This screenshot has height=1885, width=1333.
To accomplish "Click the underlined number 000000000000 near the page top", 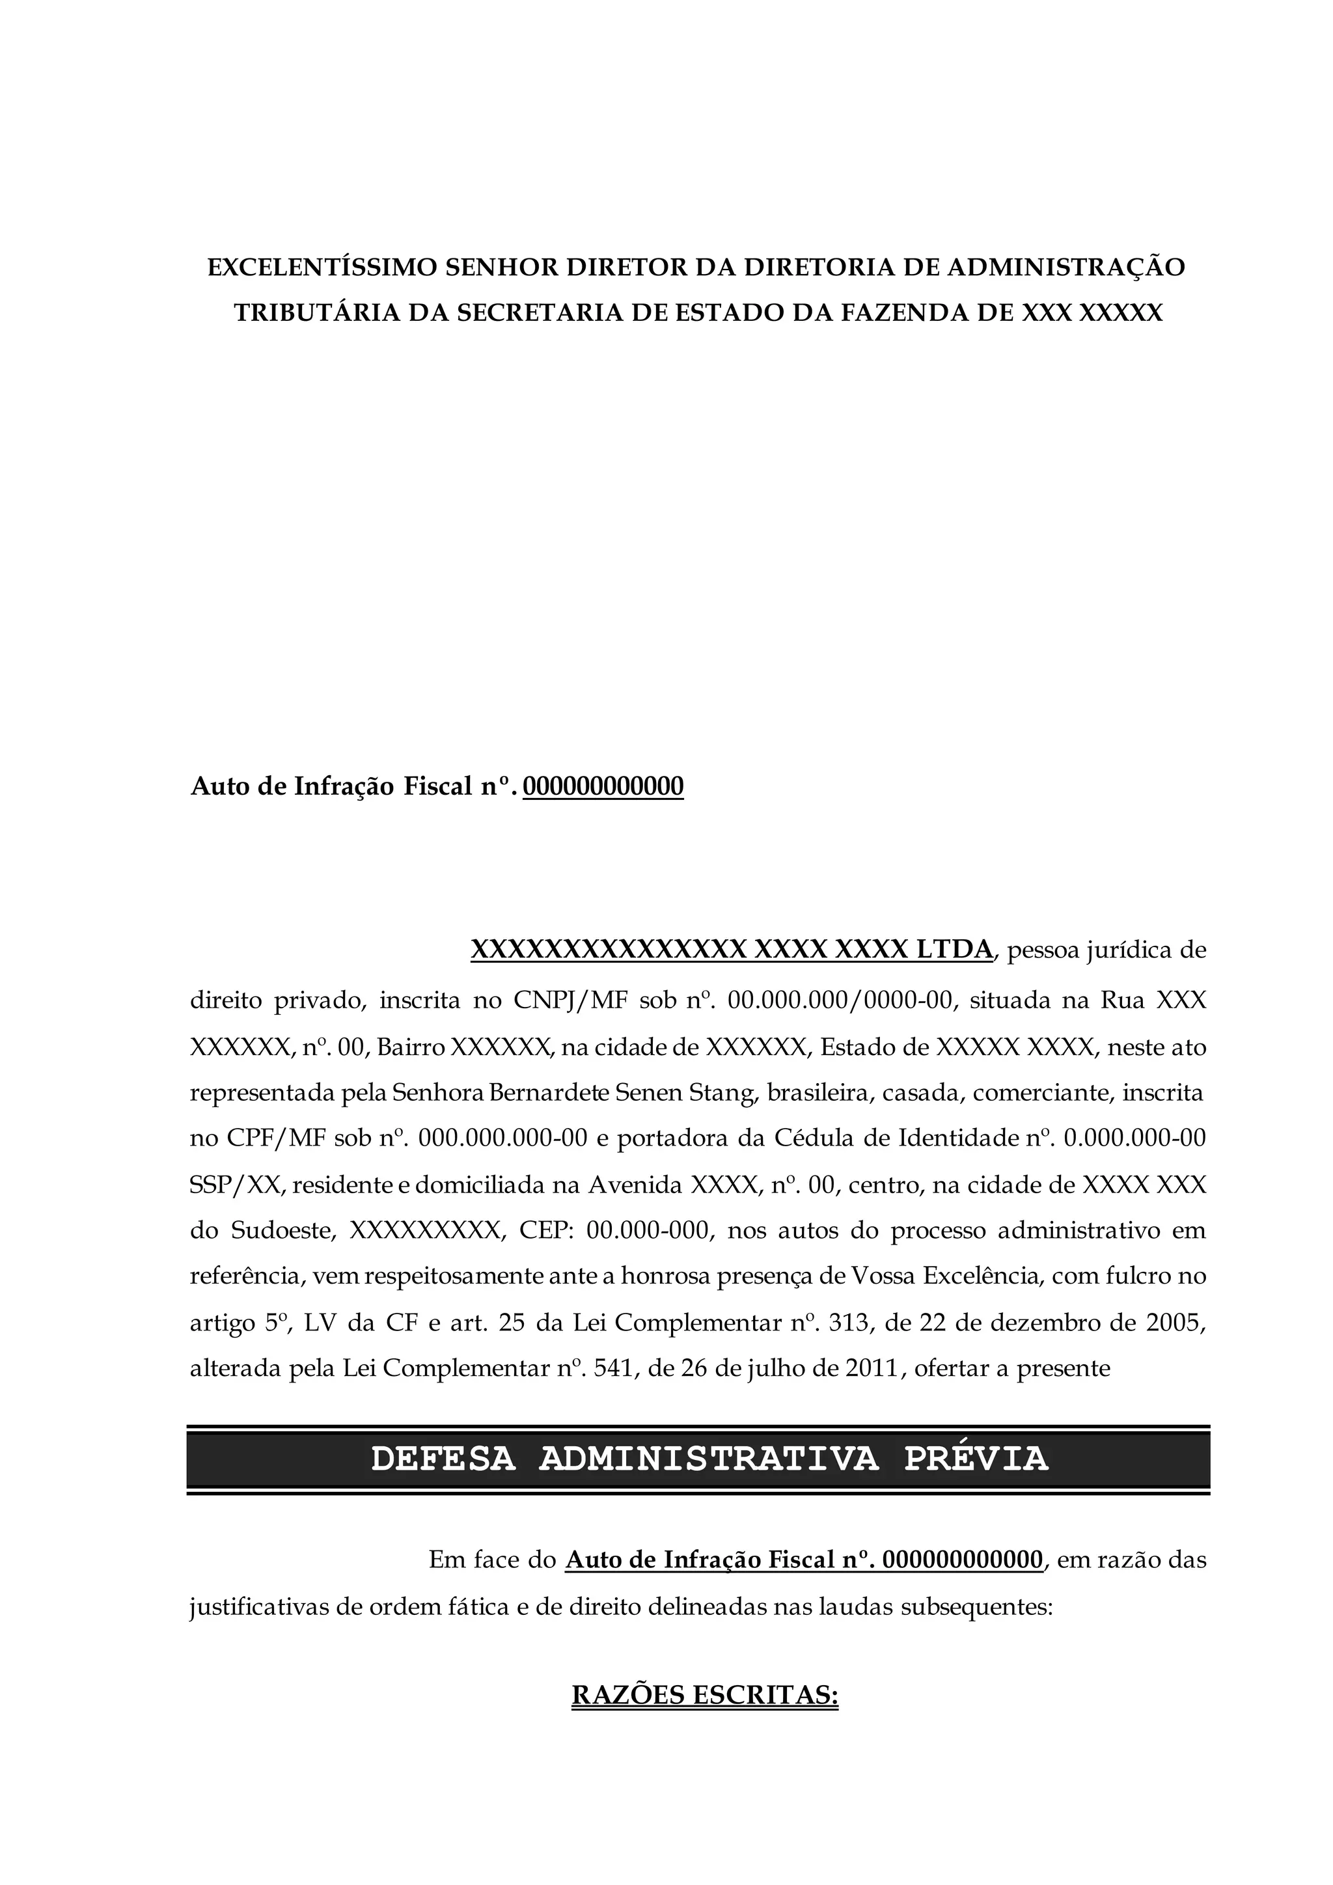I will pos(603,786).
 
